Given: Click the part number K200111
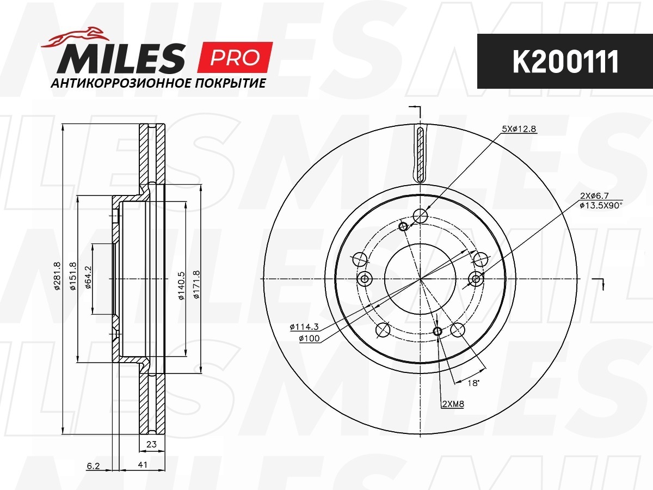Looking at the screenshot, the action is point(565,62).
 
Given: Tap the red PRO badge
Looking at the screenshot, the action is point(235,57).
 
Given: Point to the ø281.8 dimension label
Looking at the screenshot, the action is point(58,276).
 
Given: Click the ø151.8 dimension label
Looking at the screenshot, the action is point(73,276).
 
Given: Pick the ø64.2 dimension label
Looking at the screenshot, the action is point(88,277).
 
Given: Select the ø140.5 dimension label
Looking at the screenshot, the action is point(181,286).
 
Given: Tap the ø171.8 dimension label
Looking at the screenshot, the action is point(196,284).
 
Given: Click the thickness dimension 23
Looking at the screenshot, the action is point(151,444).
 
